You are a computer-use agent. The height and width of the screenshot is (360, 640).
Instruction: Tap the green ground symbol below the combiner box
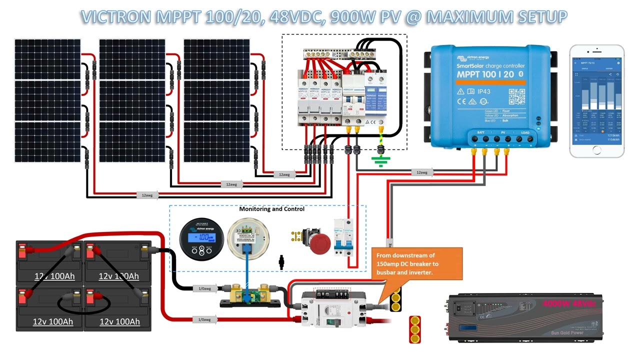click(380, 161)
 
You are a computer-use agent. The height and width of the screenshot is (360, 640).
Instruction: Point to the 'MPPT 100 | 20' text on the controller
click(484, 74)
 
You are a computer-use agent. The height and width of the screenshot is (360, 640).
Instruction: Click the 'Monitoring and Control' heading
click(271, 208)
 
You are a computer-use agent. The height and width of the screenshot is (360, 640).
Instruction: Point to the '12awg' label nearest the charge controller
click(421, 172)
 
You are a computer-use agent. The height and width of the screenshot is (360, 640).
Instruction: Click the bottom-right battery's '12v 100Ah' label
click(119, 321)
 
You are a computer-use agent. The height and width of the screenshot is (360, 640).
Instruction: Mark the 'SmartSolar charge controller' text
click(490, 65)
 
